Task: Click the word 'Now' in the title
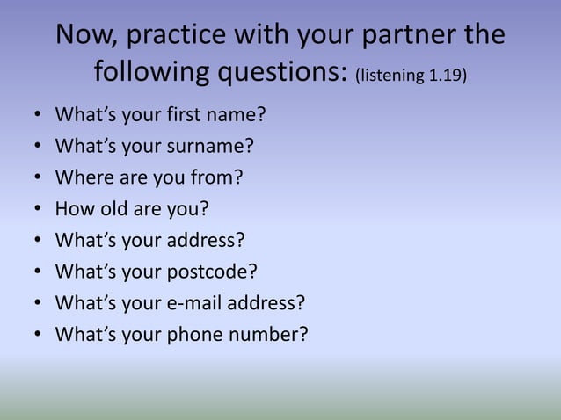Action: [84, 35]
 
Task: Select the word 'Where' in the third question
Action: [80, 177]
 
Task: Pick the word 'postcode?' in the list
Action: [203, 272]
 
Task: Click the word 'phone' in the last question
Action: [192, 334]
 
